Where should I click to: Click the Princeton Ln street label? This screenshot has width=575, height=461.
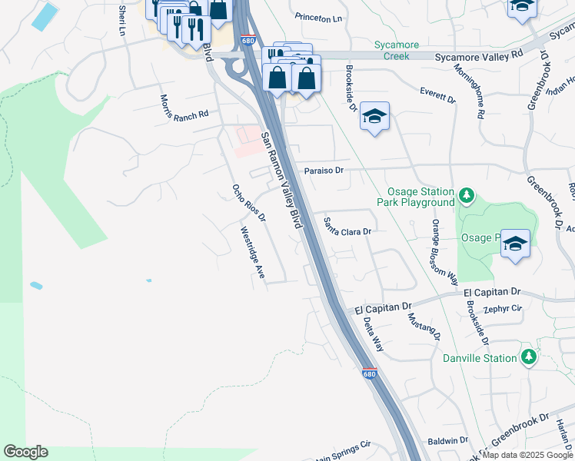point(318,18)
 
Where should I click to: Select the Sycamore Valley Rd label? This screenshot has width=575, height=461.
point(478,55)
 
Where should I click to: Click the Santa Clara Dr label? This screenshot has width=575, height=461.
point(347,227)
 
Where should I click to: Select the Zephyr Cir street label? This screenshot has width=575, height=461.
point(503,309)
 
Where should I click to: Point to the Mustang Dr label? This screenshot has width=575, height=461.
point(424,327)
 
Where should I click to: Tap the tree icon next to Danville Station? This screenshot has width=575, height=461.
point(528,357)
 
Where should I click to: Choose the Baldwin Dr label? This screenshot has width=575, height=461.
point(447,441)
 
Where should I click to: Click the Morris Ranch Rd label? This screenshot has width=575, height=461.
point(184,108)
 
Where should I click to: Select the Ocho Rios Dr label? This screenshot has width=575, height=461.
point(248,203)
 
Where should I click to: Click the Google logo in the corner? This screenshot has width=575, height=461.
point(25,452)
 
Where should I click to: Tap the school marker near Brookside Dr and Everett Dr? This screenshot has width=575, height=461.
point(374,117)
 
